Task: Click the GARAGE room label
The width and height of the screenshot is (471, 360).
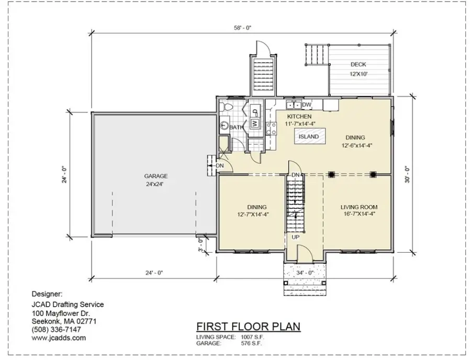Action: [156, 176]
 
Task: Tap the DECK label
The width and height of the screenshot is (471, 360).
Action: [358, 64]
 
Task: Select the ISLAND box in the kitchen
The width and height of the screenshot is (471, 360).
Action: [308, 137]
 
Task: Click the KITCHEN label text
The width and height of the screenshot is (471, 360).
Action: [299, 116]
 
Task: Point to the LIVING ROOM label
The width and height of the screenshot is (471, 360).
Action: [359, 207]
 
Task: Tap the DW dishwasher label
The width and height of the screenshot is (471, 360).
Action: [307, 105]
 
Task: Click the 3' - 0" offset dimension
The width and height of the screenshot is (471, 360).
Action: [200, 244]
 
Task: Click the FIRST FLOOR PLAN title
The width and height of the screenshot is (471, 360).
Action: [248, 327]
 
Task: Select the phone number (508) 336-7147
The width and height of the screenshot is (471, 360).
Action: [57, 330]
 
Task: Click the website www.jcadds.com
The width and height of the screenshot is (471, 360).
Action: [59, 338]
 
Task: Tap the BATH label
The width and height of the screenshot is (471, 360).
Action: [236, 127]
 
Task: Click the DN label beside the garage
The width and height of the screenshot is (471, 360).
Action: [220, 166]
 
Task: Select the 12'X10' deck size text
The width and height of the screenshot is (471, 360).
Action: [358, 74]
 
